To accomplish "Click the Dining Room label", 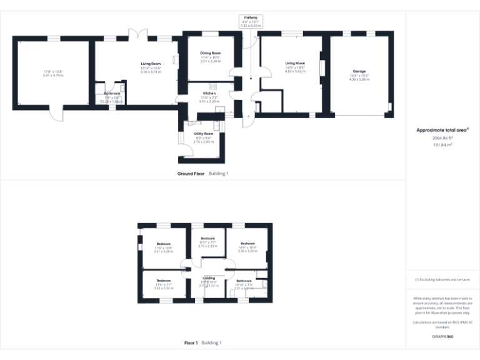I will tap(210, 53).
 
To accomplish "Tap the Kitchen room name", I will tap(209, 93).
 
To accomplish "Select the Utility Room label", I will tap(203, 134).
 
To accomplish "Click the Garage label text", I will tap(359, 71).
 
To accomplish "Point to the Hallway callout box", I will tap(251, 21).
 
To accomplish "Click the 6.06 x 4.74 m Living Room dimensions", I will tap(151, 72).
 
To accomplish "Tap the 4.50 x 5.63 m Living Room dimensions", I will tap(294, 71).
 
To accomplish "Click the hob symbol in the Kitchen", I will tap(213, 86).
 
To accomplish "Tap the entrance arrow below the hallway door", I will tap(248, 116).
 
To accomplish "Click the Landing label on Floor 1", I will tap(208, 277).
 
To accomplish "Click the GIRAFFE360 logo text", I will tap(442, 337).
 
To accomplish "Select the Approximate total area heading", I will tap(442, 130).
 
